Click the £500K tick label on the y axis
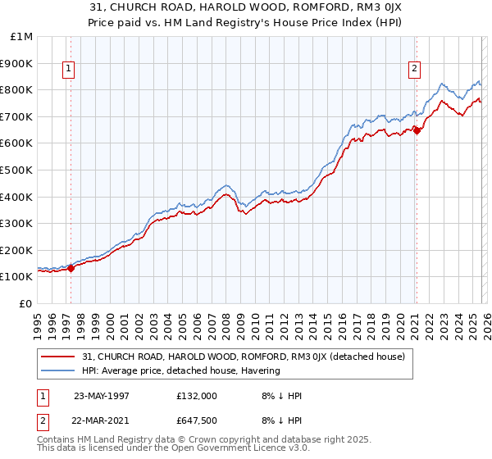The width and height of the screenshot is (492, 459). click(x=16, y=170)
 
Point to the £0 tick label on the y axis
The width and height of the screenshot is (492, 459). click(x=25, y=303)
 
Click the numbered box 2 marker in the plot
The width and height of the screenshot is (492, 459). click(x=415, y=70)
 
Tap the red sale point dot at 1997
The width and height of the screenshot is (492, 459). click(x=71, y=267)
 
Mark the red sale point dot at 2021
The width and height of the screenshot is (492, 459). click(x=417, y=130)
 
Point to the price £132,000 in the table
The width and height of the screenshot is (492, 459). click(x=197, y=395)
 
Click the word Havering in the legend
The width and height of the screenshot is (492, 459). click(x=261, y=370)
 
